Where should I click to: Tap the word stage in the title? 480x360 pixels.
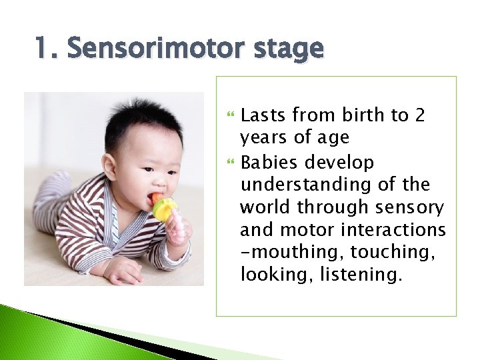click(x=288, y=49)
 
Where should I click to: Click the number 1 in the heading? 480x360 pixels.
click(x=41, y=49)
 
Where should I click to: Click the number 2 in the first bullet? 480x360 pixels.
click(x=419, y=115)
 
